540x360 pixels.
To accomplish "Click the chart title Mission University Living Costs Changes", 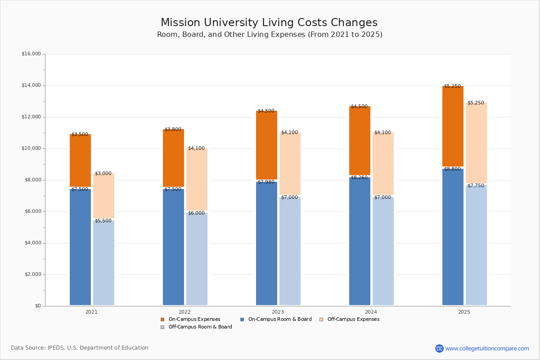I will click(269, 23).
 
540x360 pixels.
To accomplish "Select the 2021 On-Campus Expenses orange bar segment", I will click(80, 160).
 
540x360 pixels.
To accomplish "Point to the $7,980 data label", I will click(266, 182).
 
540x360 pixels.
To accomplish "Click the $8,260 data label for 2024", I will click(359, 178).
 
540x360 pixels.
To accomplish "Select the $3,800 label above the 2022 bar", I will click(173, 130).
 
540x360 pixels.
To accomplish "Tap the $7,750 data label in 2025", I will click(476, 186).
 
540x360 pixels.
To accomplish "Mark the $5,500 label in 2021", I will click(103, 221).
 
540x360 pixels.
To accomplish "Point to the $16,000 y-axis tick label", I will click(31, 54).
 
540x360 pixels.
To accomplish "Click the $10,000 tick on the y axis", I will click(31, 148).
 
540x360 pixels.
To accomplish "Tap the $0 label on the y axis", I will click(37, 306).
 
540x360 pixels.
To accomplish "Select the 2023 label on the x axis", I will click(278, 312).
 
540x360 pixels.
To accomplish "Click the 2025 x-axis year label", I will click(464, 312).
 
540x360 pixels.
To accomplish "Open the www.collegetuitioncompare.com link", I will click(487, 348).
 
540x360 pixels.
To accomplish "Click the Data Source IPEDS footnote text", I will click(80, 348).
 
